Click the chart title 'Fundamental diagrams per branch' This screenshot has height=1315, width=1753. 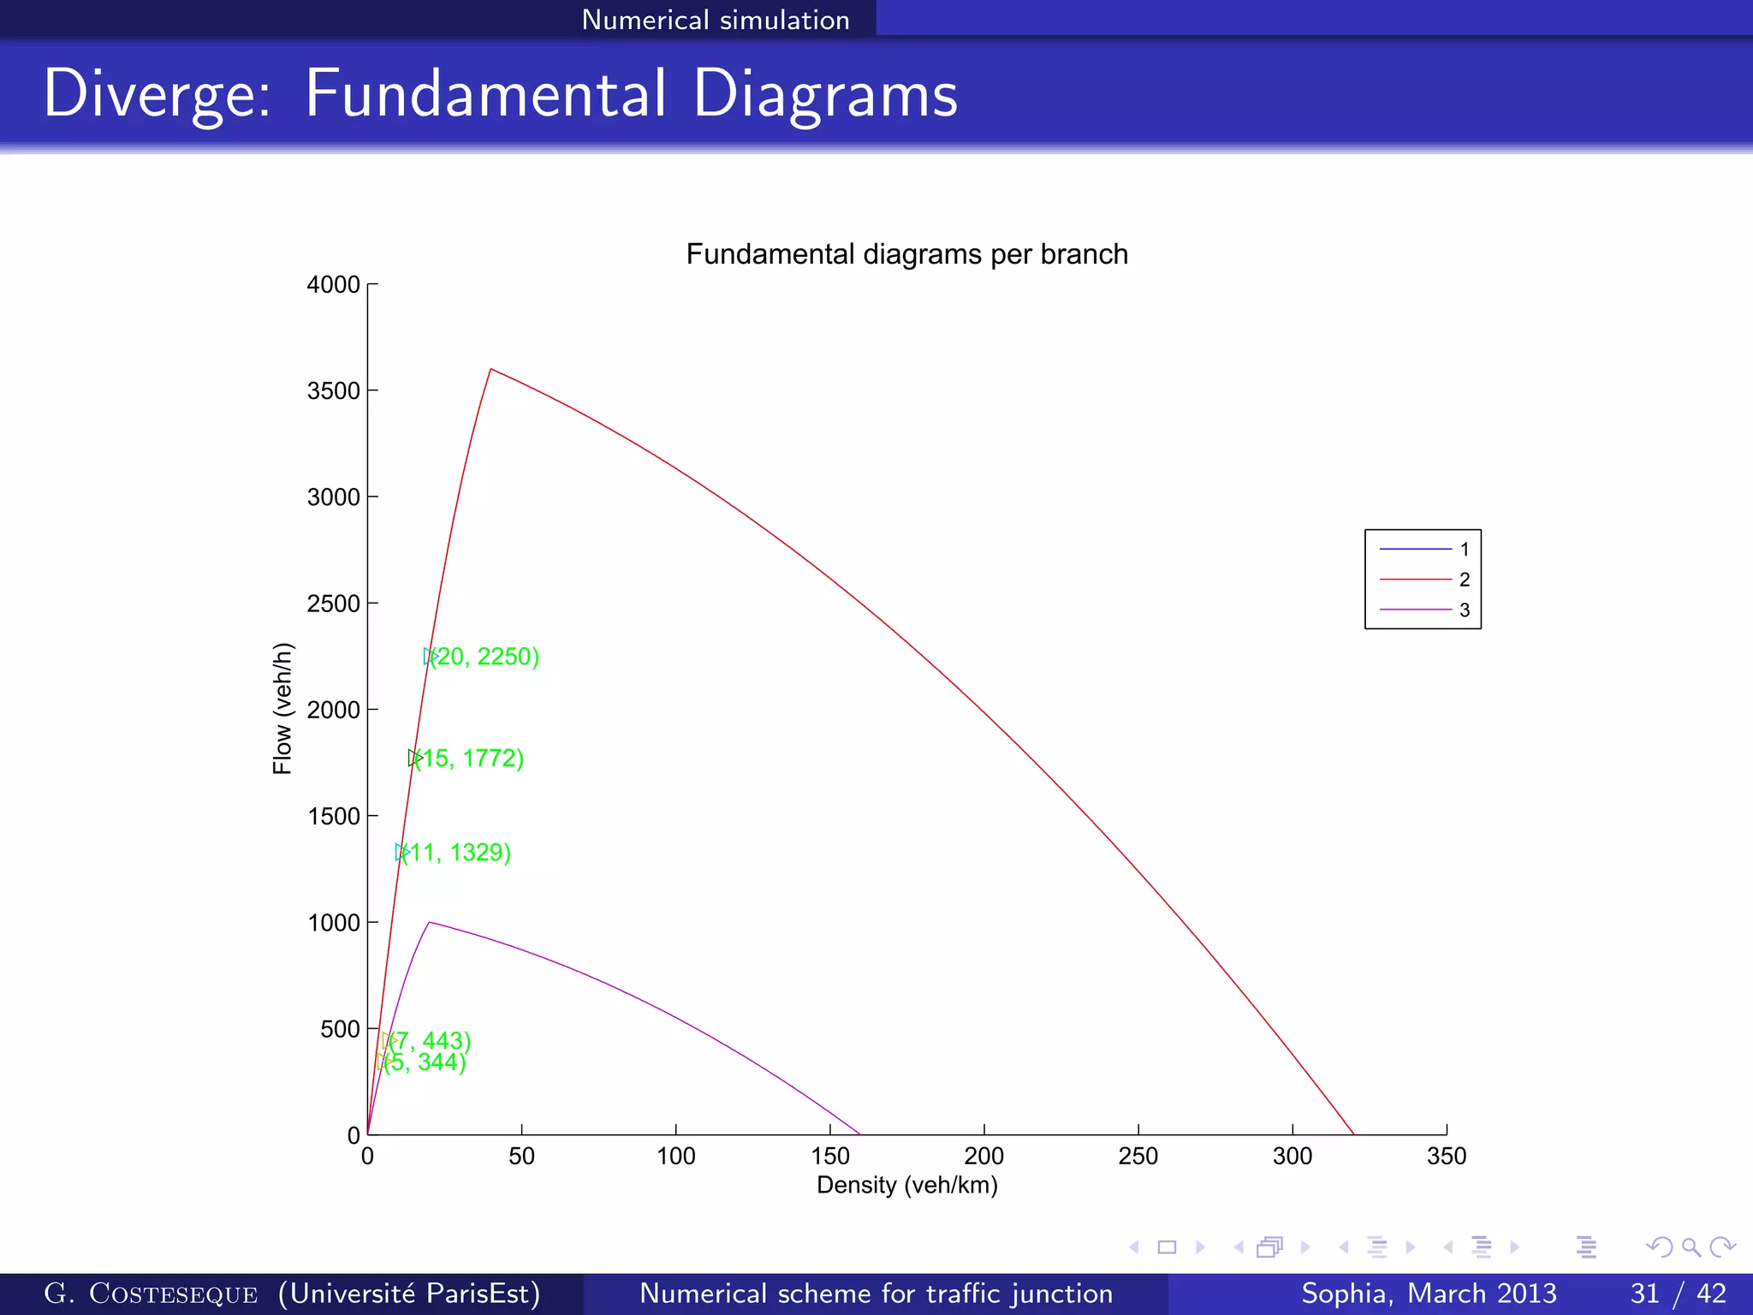click(906, 254)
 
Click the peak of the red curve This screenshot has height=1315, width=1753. click(490, 369)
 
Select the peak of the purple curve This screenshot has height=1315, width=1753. click(429, 922)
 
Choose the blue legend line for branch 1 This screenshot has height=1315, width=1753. click(1415, 549)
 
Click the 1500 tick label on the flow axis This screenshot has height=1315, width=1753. click(334, 816)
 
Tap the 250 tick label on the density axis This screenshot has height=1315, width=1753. click(1138, 1157)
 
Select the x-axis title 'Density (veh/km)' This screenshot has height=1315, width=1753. click(906, 1185)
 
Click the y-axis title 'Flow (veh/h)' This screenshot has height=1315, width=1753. click(282, 708)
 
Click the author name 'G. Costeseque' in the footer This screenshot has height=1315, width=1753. click(151, 1293)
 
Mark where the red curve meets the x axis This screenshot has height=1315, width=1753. click(1353, 1134)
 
